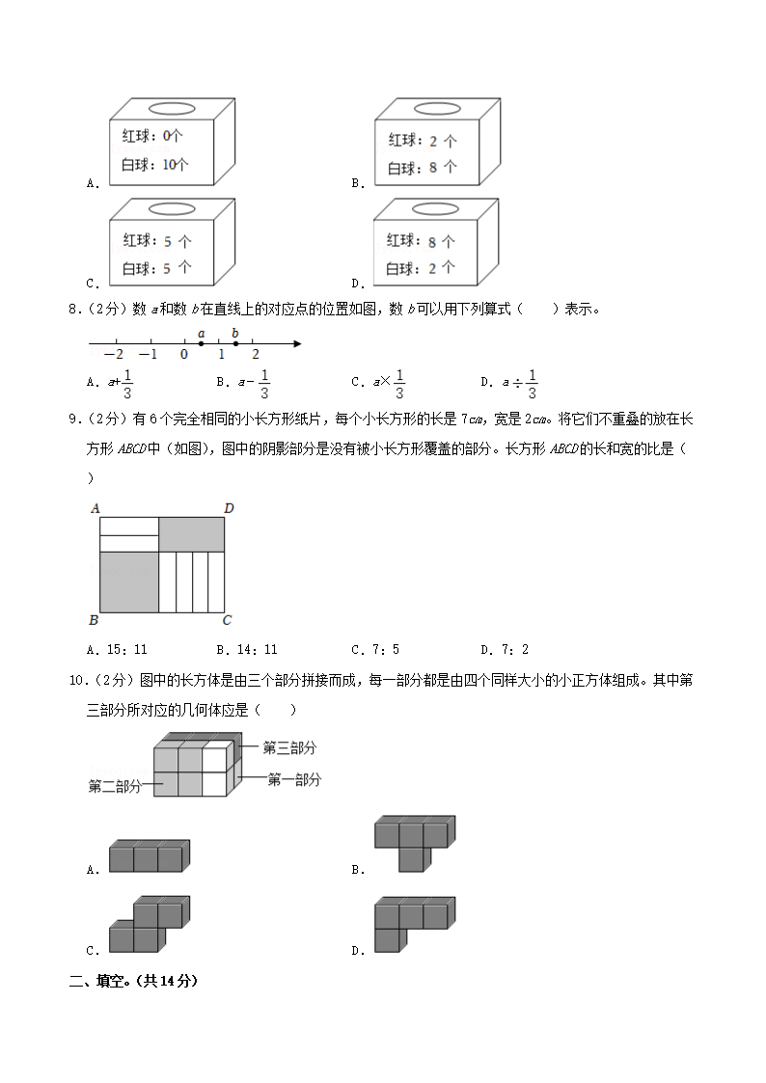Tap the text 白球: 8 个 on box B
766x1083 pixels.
pyautogui.click(x=422, y=167)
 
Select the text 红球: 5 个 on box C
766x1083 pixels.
pyautogui.click(x=156, y=241)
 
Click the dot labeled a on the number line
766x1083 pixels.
pyautogui.click(x=201, y=343)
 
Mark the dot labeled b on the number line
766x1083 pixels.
pyautogui.click(x=235, y=343)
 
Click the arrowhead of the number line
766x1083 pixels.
pyautogui.click(x=297, y=343)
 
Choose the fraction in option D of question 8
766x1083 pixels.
pyautogui.click(x=532, y=383)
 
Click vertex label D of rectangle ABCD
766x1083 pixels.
pyautogui.click(x=229, y=508)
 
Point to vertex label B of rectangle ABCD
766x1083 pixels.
pyautogui.click(x=94, y=620)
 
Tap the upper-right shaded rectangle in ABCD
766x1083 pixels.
pyautogui.click(x=192, y=533)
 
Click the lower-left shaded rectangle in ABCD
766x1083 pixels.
pyautogui.click(x=128, y=582)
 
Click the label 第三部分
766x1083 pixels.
pyautogui.click(x=289, y=747)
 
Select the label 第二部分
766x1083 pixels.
pyautogui.click(x=115, y=786)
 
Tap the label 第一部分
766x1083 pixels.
pyautogui.click(x=293, y=779)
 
